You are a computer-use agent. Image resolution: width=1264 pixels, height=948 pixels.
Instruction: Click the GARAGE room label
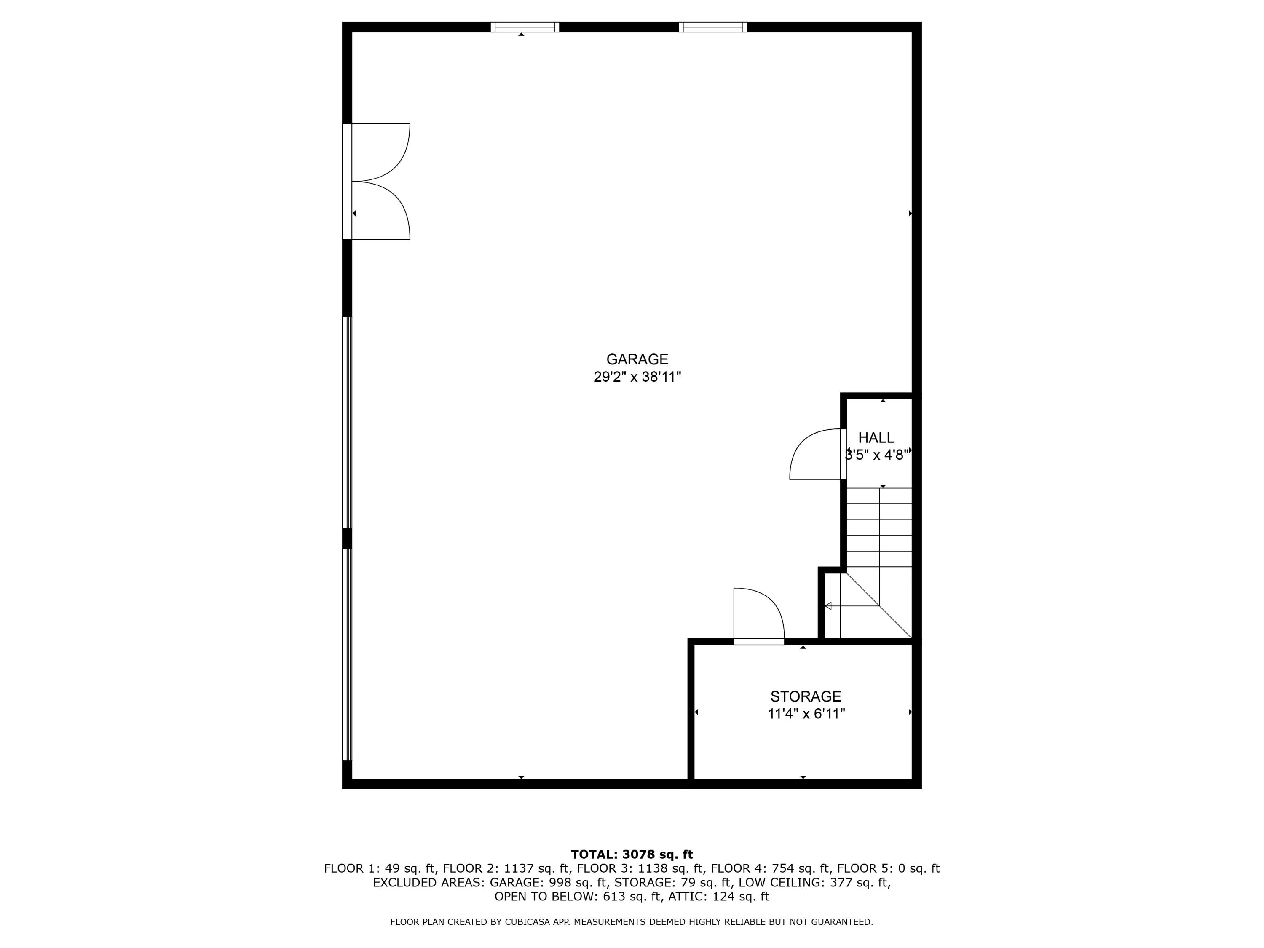637,359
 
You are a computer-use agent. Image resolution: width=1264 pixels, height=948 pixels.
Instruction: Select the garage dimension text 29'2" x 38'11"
637,377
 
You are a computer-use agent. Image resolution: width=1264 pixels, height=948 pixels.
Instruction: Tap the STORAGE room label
806,696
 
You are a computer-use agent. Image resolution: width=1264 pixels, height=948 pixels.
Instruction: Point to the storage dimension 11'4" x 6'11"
806,714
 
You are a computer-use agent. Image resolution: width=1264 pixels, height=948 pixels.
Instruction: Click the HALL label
876,438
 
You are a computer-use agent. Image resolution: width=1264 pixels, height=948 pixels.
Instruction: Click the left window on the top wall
525,27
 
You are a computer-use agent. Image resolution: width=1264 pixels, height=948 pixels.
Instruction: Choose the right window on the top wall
712,27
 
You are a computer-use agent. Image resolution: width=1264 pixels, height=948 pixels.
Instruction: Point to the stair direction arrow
852,606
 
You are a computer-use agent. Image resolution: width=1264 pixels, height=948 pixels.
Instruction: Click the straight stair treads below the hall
879,528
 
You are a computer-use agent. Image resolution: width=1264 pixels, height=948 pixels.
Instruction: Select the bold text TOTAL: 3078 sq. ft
632,854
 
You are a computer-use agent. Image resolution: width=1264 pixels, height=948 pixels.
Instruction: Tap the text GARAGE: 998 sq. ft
548,882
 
